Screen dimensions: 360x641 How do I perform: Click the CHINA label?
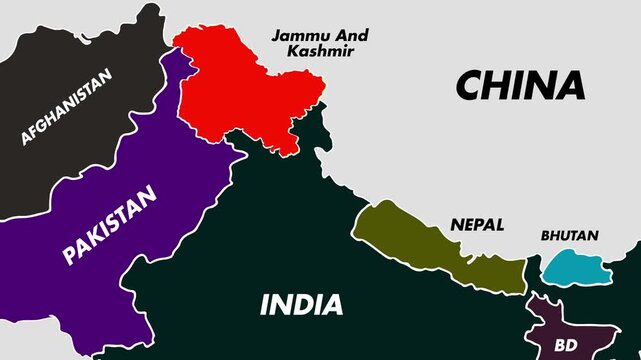coord(519,85)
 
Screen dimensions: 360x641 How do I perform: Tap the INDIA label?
coord(301,305)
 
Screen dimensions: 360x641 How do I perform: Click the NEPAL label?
coord(477,225)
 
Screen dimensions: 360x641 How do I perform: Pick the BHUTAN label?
coord(569,237)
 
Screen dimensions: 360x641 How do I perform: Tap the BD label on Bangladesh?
coord(565,345)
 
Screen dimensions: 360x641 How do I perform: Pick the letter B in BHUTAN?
coord(545,237)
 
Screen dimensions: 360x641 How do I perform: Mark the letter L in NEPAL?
coord(499,225)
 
